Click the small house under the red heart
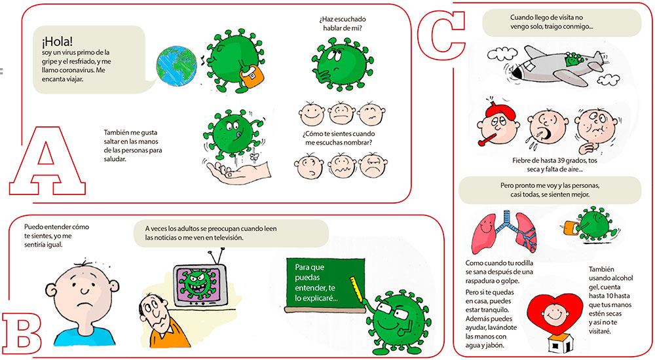tap(557, 346)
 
